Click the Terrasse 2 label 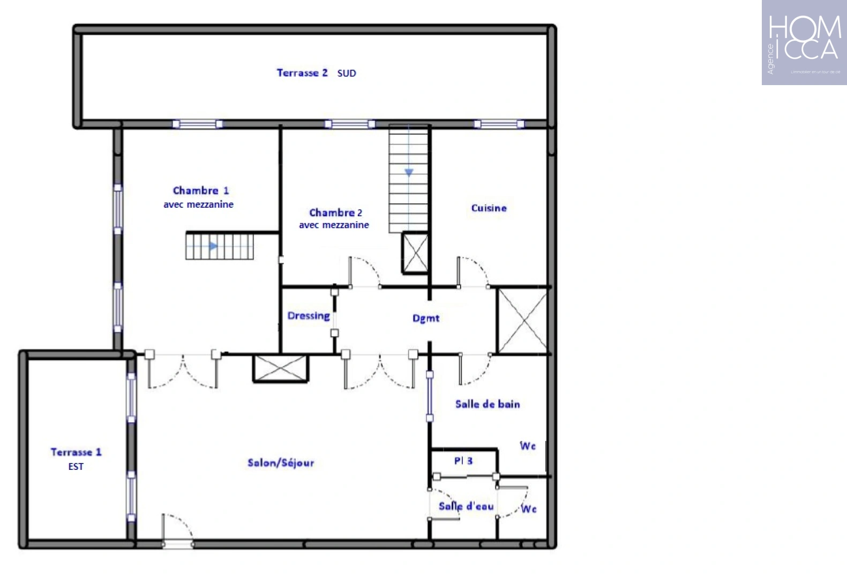(302, 73)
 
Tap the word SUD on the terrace (347, 73)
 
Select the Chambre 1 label (201, 191)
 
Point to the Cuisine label (489, 208)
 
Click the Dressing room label (309, 316)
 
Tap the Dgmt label (426, 318)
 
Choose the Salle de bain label (488, 404)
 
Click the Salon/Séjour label (281, 463)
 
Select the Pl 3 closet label (463, 461)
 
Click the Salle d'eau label (466, 506)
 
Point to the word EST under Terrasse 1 (76, 467)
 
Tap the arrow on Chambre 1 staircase (213, 246)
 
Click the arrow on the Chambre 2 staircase (409, 172)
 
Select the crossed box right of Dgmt (522, 321)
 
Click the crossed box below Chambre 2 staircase (415, 253)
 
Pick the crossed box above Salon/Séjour (281, 369)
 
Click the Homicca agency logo (804, 43)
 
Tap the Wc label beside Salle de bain (528, 446)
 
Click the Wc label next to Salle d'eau (529, 509)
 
